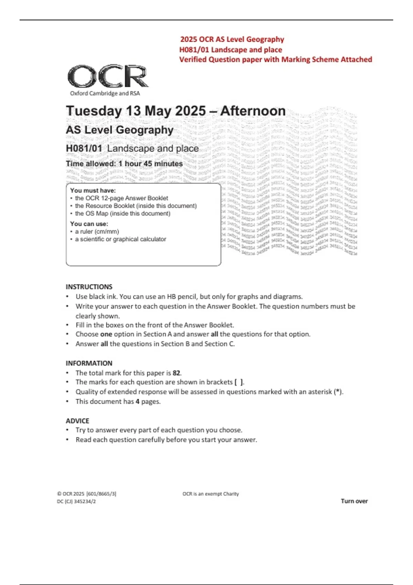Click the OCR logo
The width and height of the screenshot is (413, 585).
tap(108, 76)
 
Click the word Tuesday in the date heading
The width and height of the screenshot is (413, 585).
tap(94, 111)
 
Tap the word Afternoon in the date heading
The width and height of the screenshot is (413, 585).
tap(253, 111)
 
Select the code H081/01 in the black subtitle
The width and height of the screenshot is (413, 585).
tap(84, 148)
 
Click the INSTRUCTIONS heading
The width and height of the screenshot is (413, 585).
tap(89, 287)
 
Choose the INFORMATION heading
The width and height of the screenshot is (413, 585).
tap(89, 363)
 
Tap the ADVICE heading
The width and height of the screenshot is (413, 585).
tap(77, 421)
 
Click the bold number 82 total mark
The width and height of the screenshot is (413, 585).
tap(176, 373)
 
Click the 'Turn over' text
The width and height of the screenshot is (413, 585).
tap(354, 501)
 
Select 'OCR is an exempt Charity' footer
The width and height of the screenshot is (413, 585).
tap(211, 494)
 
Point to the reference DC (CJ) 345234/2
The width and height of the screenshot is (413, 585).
tap(76, 501)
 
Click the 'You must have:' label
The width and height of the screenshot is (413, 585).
tap(93, 190)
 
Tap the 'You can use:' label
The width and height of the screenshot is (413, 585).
tap(89, 224)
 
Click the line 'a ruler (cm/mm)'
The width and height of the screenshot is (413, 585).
tap(97, 232)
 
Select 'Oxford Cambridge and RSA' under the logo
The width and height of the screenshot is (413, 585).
tap(105, 93)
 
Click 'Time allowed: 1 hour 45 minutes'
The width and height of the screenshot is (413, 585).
tap(124, 164)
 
